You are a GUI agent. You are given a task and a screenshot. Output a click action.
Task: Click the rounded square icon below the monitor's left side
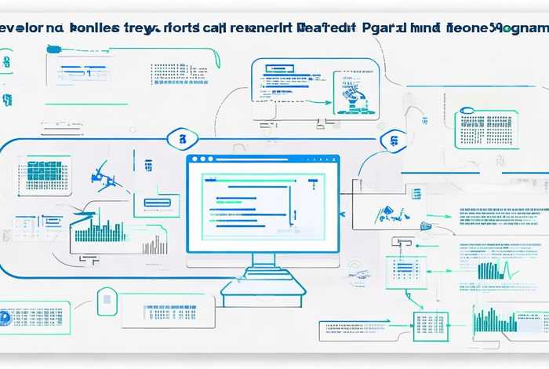click(x=107, y=301)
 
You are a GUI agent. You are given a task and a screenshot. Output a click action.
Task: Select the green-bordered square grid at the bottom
click(x=429, y=325)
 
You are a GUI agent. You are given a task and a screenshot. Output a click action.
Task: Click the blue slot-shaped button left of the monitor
click(x=157, y=203)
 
